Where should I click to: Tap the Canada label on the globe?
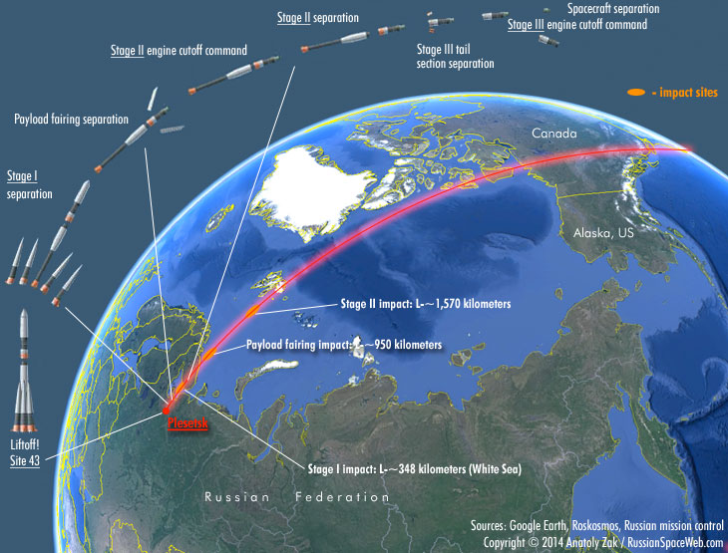tap(553, 134)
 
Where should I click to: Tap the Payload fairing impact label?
tap(343, 345)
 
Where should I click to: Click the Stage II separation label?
tap(318, 18)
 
